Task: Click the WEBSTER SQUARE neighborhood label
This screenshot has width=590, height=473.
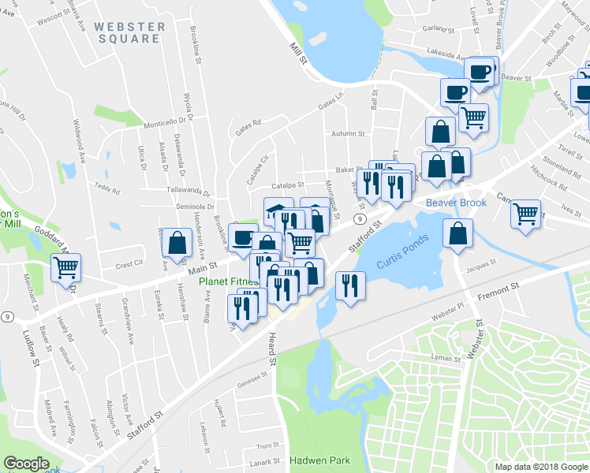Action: pyautogui.click(x=130, y=33)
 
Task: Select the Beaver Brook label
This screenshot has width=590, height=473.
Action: pyautogui.click(x=456, y=203)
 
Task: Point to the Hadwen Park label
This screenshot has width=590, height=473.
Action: pyautogui.click(x=319, y=460)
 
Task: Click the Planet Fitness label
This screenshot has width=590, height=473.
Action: pyautogui.click(x=229, y=281)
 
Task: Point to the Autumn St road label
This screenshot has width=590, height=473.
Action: pyautogui.click(x=348, y=134)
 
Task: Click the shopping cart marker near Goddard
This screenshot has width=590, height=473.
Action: pyautogui.click(x=67, y=268)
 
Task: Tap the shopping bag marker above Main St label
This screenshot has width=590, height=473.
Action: pyautogui.click(x=177, y=243)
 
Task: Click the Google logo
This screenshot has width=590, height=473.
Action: pyautogui.click(x=27, y=464)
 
